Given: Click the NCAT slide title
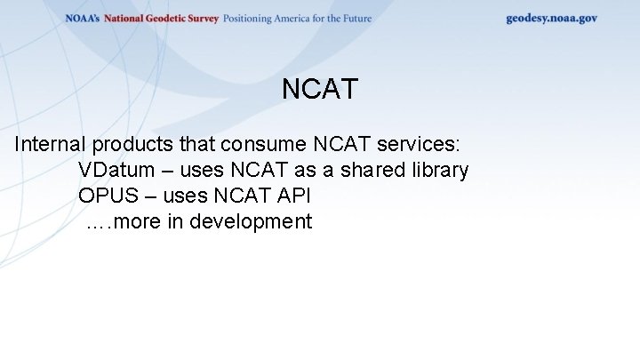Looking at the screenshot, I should click(319, 90).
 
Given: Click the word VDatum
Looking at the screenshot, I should click(114, 170).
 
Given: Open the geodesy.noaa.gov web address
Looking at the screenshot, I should click(551, 18).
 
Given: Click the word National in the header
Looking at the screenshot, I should click(124, 18).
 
